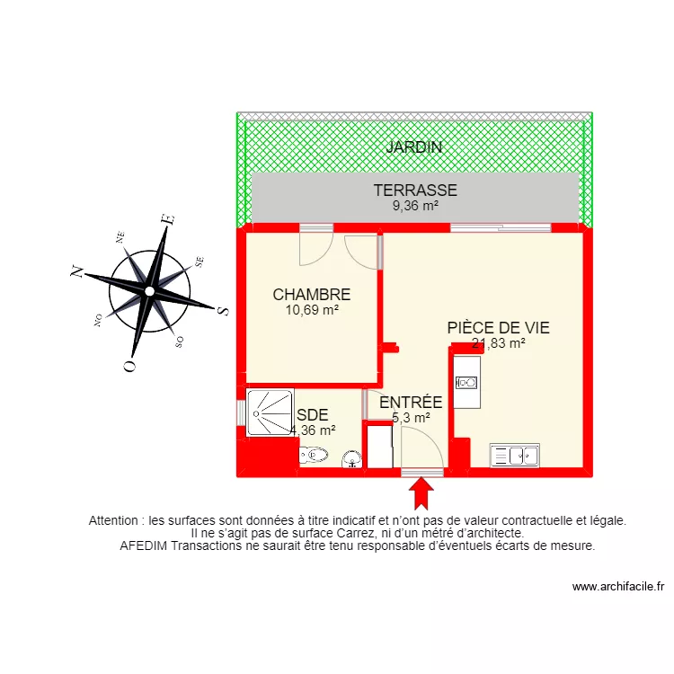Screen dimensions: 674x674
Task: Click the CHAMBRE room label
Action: coord(311,294)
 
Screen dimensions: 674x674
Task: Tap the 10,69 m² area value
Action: coord(311,309)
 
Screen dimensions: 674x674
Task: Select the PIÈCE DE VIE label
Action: coord(498,328)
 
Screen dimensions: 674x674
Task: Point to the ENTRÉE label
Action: coord(411,403)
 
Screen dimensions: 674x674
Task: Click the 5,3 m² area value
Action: coord(411,417)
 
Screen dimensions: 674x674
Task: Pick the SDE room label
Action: coord(312,415)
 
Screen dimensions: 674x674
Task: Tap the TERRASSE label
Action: coord(415,191)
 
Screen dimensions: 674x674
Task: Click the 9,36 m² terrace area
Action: coord(415,205)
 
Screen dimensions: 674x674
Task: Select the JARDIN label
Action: coord(414,147)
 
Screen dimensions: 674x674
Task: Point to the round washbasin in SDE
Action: coord(352,459)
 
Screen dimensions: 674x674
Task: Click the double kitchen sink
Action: coord(514,456)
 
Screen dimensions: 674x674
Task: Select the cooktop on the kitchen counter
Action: coord(467,383)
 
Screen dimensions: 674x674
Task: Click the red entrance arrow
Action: coord(421,493)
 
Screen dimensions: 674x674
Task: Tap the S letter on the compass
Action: coord(222,310)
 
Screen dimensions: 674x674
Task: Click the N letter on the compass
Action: coord(78,271)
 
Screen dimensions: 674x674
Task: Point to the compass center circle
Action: coord(149,291)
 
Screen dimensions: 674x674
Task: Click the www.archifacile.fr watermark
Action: coord(617,587)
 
